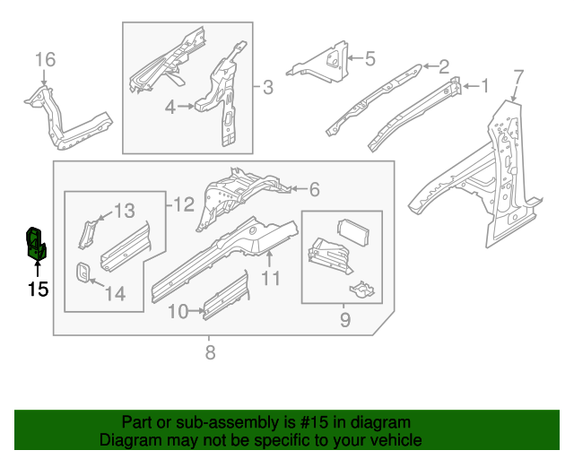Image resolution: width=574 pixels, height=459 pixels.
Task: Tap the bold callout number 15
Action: point(37,289)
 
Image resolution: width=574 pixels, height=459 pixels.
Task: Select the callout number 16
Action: point(45,60)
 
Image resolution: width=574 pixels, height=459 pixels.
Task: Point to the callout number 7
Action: point(517,74)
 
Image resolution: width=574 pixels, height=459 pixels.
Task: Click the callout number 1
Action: point(484,86)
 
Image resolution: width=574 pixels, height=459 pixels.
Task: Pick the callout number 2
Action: point(443,65)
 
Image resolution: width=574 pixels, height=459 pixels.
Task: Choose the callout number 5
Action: point(370,60)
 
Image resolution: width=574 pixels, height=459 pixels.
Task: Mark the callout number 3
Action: point(268,88)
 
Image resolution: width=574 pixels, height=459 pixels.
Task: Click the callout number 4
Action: point(170,107)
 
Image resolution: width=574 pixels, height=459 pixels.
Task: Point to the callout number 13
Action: point(124,211)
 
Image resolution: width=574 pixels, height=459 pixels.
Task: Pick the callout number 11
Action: point(271,279)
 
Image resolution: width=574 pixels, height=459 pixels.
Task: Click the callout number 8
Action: point(210,352)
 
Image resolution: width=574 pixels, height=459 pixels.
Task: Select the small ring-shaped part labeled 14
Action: point(82,272)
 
